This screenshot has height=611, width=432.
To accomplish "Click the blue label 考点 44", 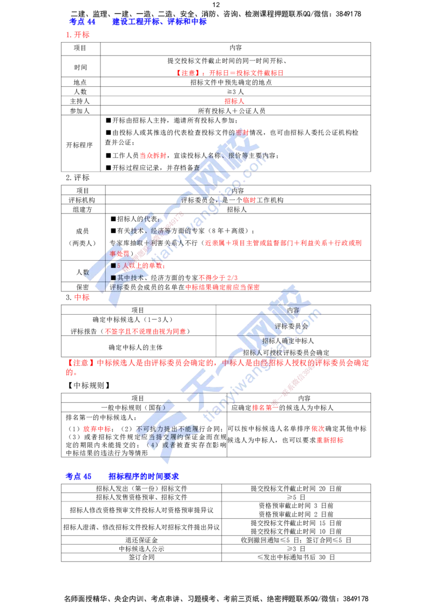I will tap(82, 22).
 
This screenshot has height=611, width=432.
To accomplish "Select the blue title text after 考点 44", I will tap(158, 22).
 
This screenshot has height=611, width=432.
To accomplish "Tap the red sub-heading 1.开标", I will tap(77, 35).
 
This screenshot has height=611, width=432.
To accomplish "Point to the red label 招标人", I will tap(234, 101).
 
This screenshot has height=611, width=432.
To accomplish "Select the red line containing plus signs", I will tap(283, 243).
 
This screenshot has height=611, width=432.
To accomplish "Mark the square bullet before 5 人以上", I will tap(113, 266).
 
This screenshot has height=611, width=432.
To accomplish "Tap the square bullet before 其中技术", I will tap(113, 277).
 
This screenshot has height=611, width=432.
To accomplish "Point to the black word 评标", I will tap(117, 287).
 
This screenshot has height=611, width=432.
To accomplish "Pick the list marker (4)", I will tap(153, 445).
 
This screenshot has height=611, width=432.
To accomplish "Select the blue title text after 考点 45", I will tap(144, 476).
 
